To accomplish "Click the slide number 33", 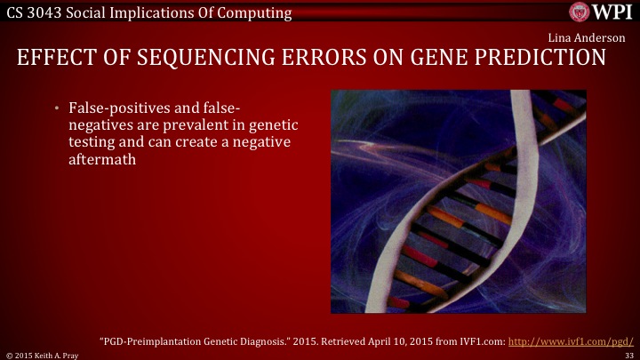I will pyautogui.click(x=628, y=355).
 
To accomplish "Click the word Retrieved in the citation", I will pyautogui.click(x=350, y=340).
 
